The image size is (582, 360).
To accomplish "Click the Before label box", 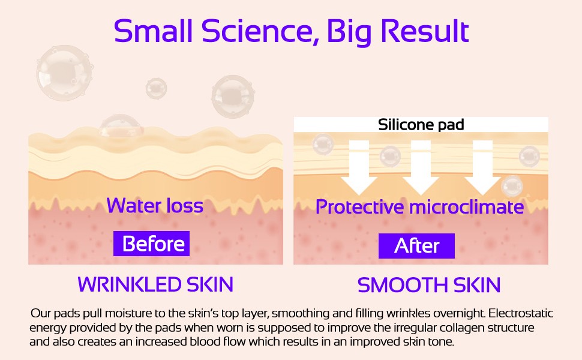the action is pos(151,244).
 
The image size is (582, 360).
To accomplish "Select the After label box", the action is pos(416,245).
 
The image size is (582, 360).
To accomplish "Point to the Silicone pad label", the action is pos(421,125).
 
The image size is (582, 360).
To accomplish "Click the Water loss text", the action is pos(155,205).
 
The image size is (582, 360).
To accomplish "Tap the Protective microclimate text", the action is pos(419,207).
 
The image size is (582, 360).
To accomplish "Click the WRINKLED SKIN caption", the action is pos(155,284).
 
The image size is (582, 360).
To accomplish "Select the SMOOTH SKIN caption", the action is pos(429,285).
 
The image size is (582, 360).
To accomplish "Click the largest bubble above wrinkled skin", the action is pos(64,73).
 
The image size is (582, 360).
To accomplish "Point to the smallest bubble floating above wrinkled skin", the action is pos(156,88).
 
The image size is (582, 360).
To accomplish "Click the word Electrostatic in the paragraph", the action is pos(521,313).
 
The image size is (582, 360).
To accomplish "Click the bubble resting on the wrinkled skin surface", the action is pos(121,125).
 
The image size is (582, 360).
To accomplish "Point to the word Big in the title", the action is pos(350,32).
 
